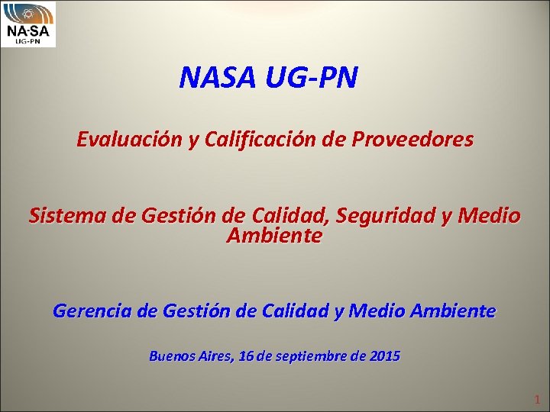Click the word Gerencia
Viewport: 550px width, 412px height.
[95, 311]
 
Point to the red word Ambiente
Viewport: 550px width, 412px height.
[275, 236]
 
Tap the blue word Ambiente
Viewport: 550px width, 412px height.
[453, 311]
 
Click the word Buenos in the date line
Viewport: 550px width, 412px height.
[172, 356]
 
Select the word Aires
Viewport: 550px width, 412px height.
[216, 356]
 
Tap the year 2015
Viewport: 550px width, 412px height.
[384, 356]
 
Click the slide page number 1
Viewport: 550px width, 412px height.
[537, 399]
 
